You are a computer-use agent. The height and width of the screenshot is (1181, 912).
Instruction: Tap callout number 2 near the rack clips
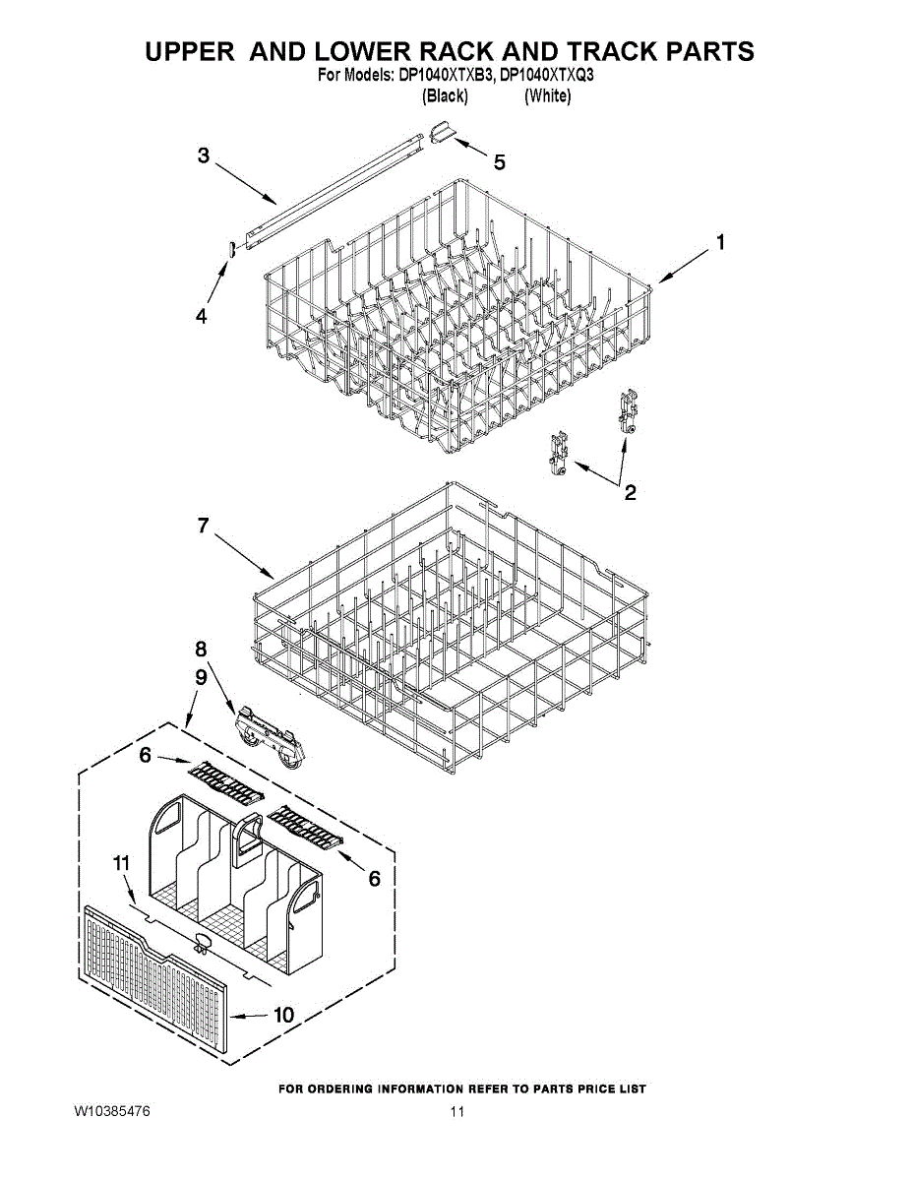[x=630, y=493]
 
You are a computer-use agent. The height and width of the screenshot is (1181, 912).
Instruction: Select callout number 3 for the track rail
[x=203, y=155]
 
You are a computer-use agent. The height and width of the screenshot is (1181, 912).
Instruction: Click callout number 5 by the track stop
[x=500, y=162]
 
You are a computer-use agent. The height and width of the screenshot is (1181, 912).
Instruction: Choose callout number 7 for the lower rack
[x=203, y=526]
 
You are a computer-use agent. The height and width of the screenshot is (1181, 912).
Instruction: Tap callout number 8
[x=201, y=650]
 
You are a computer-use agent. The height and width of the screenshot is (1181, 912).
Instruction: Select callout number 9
[x=201, y=677]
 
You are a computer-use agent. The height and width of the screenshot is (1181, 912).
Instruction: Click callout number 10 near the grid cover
[x=283, y=1015]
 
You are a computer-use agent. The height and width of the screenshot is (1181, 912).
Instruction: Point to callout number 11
[x=121, y=863]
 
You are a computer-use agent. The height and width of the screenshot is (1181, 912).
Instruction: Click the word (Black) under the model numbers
[x=445, y=96]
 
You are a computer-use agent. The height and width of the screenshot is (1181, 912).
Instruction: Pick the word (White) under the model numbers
[x=547, y=96]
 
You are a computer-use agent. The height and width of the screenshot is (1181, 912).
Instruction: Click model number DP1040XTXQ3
[x=547, y=75]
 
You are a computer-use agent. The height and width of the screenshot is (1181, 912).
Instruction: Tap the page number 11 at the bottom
[x=456, y=1112]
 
